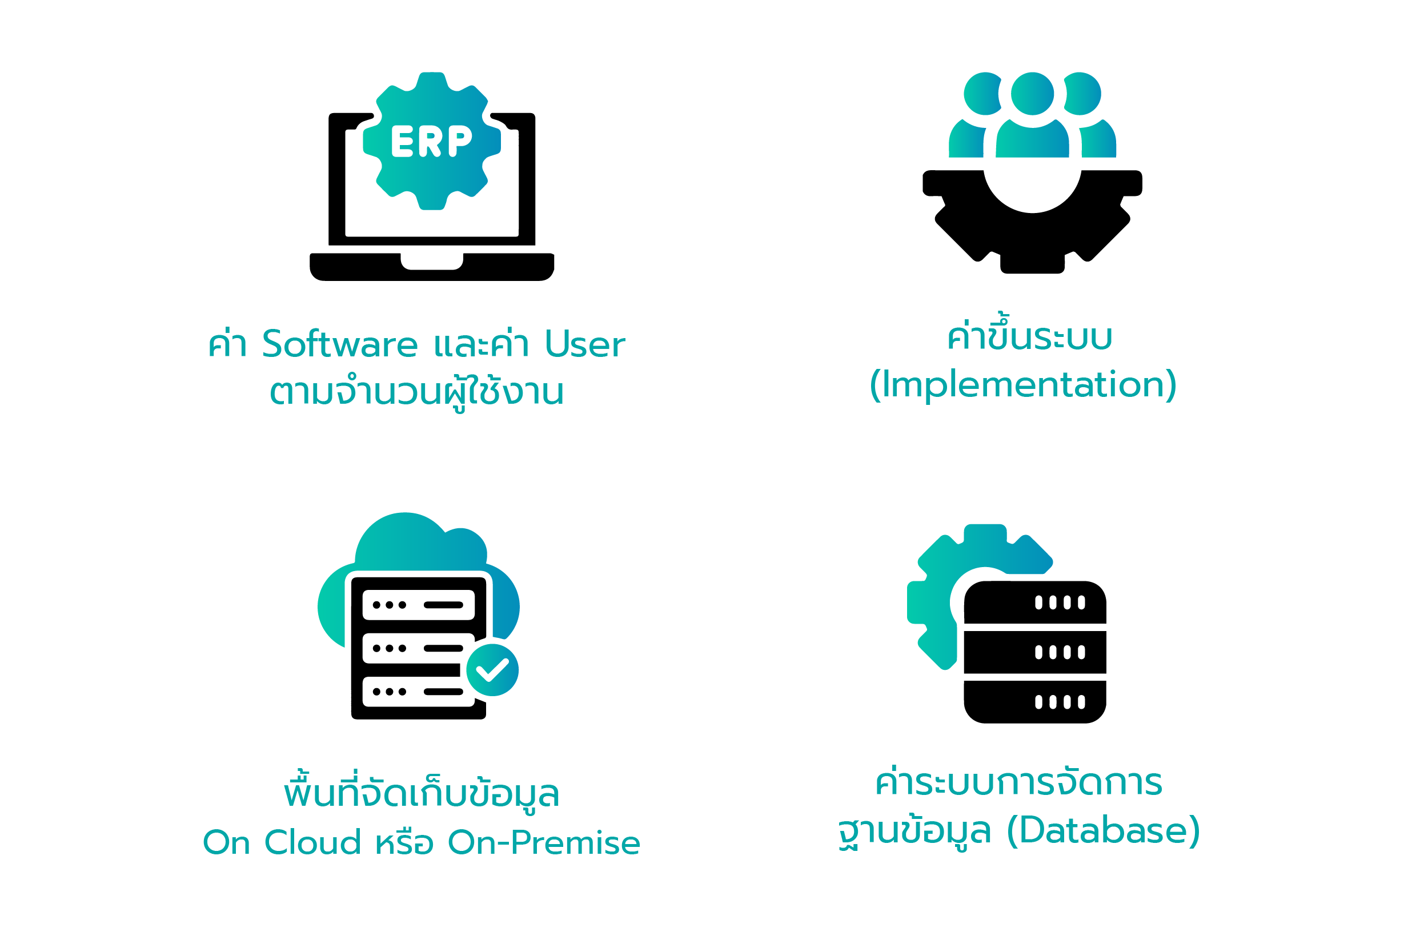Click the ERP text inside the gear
[x=431, y=142]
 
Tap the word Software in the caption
[x=340, y=344]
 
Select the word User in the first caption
[x=585, y=344]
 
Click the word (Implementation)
[x=1023, y=384]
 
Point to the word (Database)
[x=1103, y=830]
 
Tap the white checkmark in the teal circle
[x=492, y=670]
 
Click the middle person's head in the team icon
[x=1032, y=94]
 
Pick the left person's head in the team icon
[x=981, y=94]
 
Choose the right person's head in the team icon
[x=1084, y=94]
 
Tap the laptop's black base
[x=432, y=270]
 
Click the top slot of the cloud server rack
[x=418, y=605]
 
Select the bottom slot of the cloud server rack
[x=418, y=692]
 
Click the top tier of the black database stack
[x=1034, y=602]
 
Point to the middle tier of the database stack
[x=1034, y=652]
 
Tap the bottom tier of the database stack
[x=1034, y=702]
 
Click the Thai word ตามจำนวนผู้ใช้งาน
[x=416, y=392]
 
